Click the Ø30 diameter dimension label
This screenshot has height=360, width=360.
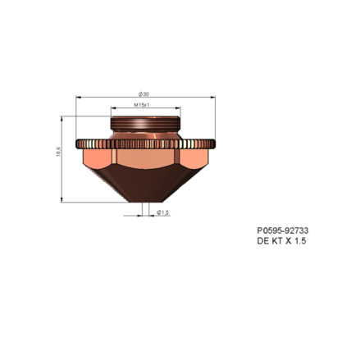(144, 94)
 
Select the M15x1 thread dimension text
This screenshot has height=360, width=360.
(142, 105)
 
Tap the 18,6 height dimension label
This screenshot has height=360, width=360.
(58, 151)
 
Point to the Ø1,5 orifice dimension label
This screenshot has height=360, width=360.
(163, 212)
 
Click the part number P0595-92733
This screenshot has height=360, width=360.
(283, 230)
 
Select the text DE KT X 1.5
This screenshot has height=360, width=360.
(281, 241)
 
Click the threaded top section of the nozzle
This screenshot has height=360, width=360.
(145, 123)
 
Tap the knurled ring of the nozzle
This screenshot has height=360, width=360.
(145, 144)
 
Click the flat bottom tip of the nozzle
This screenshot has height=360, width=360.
(145, 202)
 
